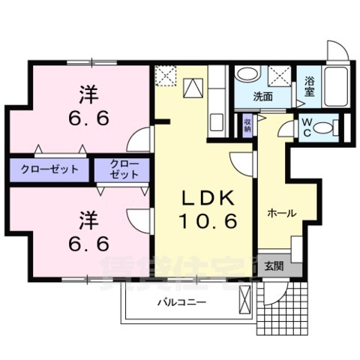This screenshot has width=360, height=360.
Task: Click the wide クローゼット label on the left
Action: click(49, 168)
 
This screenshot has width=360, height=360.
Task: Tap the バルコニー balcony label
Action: click(181, 302)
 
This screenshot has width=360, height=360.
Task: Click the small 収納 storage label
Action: click(247, 125)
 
